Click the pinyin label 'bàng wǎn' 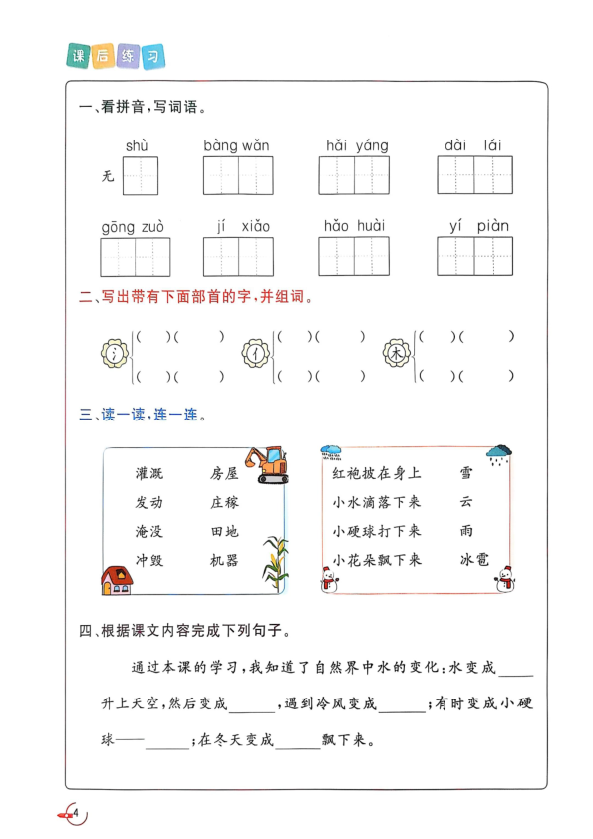tap(237, 146)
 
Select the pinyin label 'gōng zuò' tap(133, 227)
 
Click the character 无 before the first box tap(108, 178)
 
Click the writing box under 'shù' tap(140, 176)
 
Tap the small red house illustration tap(116, 579)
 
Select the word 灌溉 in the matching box tap(150, 473)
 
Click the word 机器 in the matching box tap(225, 560)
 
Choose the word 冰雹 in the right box tap(475, 560)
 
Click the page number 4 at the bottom tap(75, 815)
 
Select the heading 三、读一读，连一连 tap(143, 414)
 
